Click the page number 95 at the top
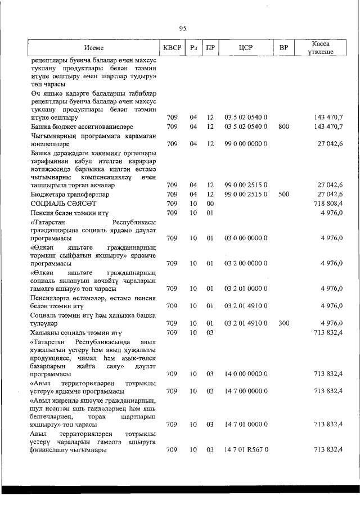[x=182, y=29]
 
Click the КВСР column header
[x=172, y=48]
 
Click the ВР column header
[x=283, y=48]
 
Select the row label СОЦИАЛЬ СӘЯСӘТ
[x=64, y=203]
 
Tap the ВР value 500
[x=283, y=193]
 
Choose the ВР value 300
[x=283, y=323]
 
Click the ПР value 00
[x=210, y=203]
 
